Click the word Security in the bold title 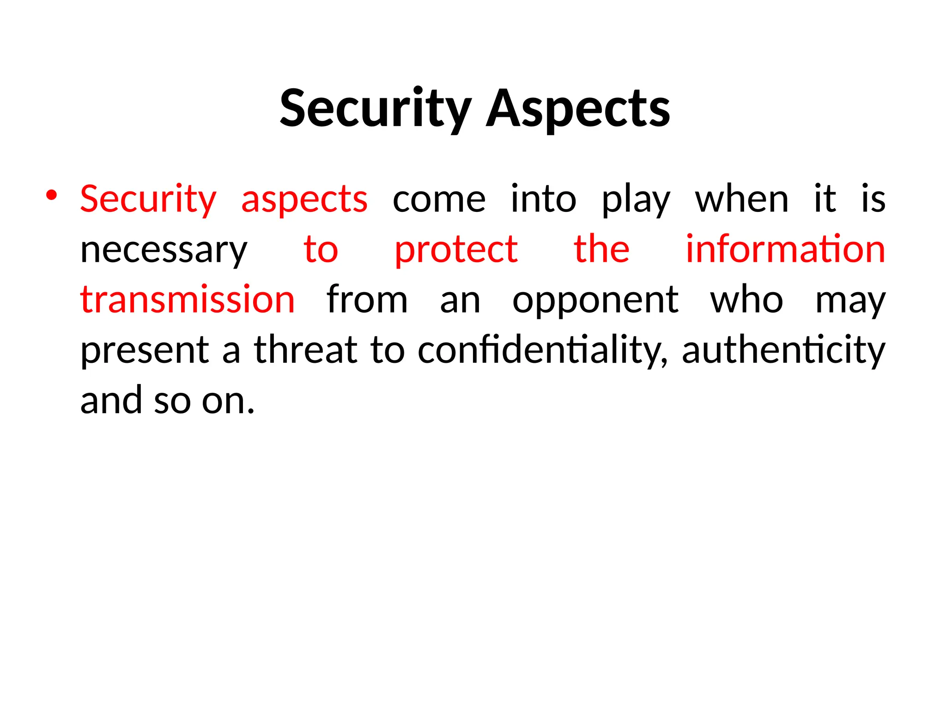(376, 108)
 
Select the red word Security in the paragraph (148, 199)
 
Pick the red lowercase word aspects (304, 199)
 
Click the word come (439, 199)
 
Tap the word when (742, 199)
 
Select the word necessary (164, 250)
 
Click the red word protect (456, 250)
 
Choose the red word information (785, 250)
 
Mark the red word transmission (188, 300)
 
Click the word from (367, 300)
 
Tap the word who (746, 300)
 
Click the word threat (306, 349)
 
